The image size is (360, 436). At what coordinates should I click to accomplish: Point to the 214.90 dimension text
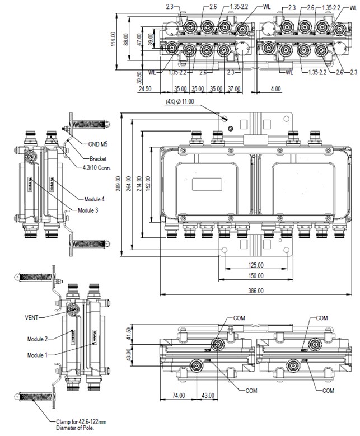[141, 185]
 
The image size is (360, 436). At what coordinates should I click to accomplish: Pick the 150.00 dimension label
[256, 276]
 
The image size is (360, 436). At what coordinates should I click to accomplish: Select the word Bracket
[99, 158]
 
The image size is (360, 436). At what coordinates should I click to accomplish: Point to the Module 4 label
[95, 199]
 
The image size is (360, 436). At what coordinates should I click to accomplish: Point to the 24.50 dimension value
[147, 89]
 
